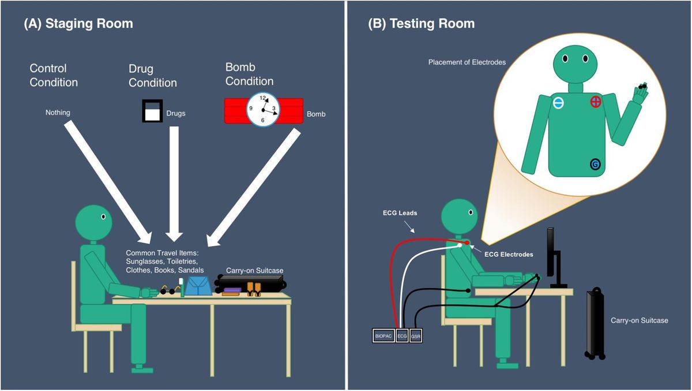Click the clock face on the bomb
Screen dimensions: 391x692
pos(263,110)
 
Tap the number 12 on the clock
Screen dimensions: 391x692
pos(263,98)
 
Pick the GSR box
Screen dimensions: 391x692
pos(416,336)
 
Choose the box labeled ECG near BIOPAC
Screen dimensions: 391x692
pos(403,336)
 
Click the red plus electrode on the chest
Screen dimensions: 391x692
pos(595,102)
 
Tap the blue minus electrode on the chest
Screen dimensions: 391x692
pos(558,103)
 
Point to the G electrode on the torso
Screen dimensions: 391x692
pos(595,165)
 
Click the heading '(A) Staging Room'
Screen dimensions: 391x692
pos(78,24)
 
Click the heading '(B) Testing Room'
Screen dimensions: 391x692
pos(422,24)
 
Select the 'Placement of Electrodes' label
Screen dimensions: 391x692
pos(467,62)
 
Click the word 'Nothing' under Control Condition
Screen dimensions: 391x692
pos(58,113)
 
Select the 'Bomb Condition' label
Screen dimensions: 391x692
pos(249,75)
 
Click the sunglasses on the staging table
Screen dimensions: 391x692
pos(167,291)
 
